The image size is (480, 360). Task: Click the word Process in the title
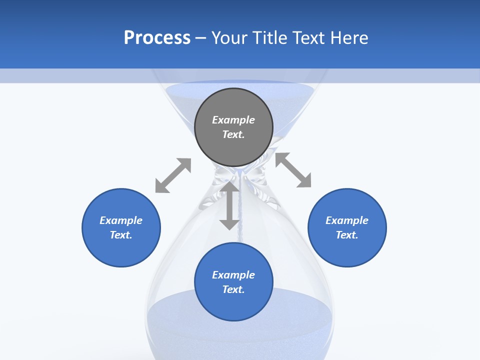click(157, 38)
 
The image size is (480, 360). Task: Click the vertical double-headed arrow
click(229, 205)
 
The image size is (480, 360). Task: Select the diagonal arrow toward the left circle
click(173, 175)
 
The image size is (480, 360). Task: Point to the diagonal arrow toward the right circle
click(293, 170)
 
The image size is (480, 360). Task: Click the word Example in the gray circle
click(233, 120)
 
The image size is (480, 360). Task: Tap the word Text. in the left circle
click(121, 235)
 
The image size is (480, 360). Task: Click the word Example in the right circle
click(347, 220)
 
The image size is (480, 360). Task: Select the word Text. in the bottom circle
click(233, 289)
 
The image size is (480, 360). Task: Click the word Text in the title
click(308, 38)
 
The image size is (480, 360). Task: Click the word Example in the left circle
click(121, 220)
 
